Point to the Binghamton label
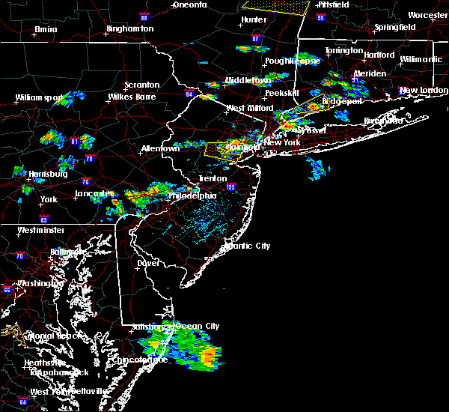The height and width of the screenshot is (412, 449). tap(129, 28)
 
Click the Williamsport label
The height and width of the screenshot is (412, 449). tap(37, 97)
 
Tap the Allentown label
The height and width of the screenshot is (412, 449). tap(161, 148)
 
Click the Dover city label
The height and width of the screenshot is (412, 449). tap(148, 263)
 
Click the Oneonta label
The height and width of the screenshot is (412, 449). tap(189, 4)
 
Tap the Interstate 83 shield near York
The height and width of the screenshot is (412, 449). tap(44, 219)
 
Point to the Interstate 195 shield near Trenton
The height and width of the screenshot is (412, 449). tap(230, 187)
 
